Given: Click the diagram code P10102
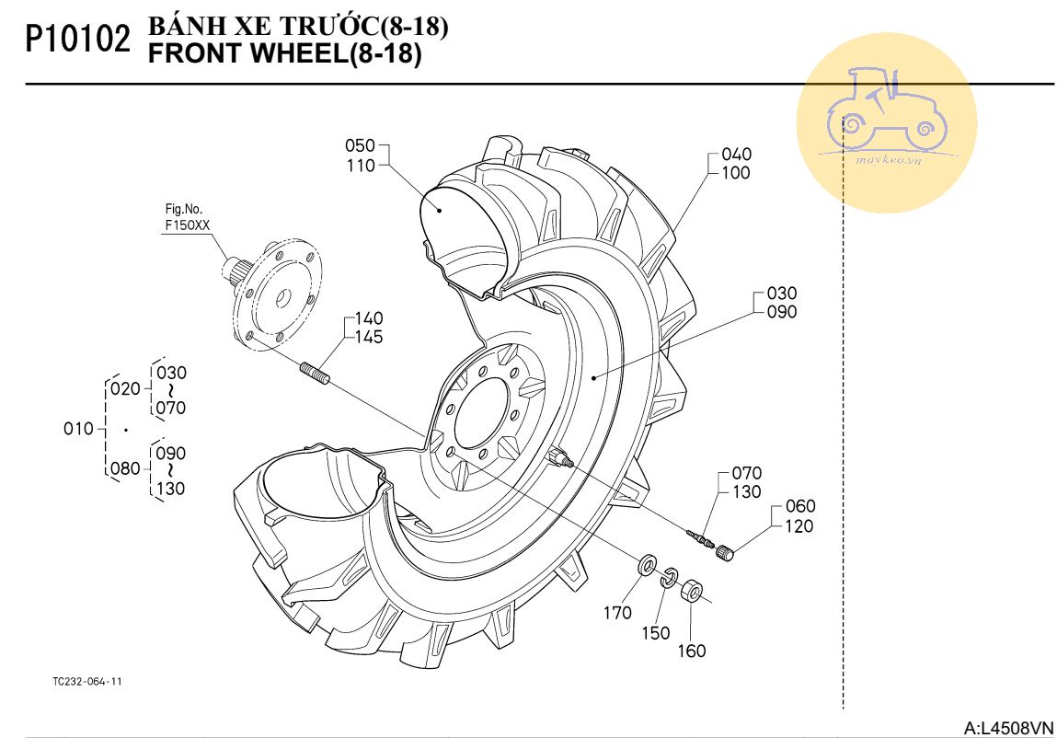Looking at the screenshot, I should tap(75, 40).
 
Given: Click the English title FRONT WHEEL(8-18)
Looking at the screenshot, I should tap(284, 54).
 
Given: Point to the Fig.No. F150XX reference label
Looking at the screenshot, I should tap(187, 219).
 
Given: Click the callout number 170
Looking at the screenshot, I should tap(617, 613).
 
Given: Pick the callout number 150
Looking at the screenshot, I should tap(656, 633).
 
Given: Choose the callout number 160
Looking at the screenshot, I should tap(692, 652).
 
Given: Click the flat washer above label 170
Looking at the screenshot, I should tap(646, 563).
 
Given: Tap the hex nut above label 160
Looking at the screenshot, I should tap(693, 590).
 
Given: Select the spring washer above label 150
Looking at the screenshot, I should tap(670, 576).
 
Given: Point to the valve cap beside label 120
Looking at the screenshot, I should tap(726, 553).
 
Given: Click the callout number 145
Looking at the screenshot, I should tap(369, 337).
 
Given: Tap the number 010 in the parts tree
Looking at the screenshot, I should tap(78, 429).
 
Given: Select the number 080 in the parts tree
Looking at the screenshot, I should tap(125, 468).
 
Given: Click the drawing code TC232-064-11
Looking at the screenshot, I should tap(86, 682).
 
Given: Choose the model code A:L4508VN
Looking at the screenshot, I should tap(1007, 728).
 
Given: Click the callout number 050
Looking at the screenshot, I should tap(360, 146).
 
